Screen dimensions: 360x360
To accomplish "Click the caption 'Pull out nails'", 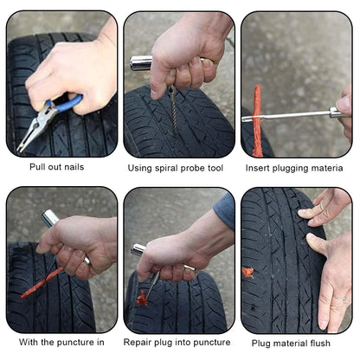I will (x=56, y=167).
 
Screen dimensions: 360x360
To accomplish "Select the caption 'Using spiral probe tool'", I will (x=179, y=167).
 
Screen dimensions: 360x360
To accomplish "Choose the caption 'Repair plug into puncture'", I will (x=177, y=342).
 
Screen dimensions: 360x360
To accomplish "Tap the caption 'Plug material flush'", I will (x=297, y=342).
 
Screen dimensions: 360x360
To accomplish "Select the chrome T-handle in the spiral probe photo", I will (x=142, y=62).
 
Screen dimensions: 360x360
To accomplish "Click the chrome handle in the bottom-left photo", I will (x=50, y=219).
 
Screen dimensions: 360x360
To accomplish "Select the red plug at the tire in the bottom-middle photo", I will (x=142, y=298).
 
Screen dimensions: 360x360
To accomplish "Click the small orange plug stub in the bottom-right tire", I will (x=248, y=272).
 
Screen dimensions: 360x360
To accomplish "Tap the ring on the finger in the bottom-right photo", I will (x=344, y=299).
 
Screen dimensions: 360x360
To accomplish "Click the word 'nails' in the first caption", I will (x=71, y=167).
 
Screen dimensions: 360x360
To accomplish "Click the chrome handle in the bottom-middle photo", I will (x=138, y=250).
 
